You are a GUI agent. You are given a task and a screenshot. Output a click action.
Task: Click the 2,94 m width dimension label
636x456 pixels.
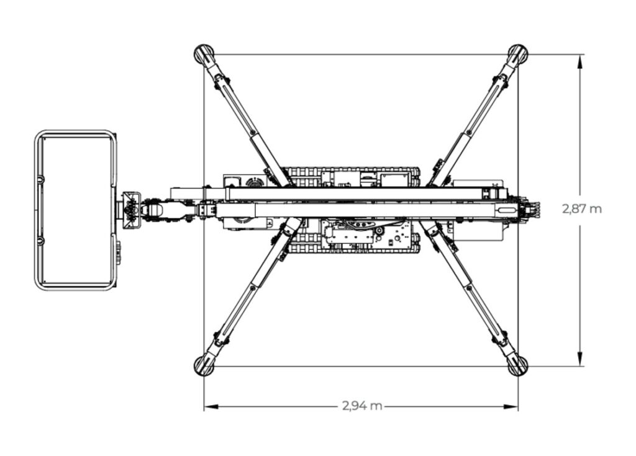pos(361,406)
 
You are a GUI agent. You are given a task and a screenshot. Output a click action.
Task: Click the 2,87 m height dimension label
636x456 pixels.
pos(582,209)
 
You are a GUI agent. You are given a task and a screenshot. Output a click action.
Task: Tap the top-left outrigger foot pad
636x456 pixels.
pos(203,53)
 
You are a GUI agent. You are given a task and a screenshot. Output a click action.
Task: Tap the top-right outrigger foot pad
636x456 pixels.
pos(517,53)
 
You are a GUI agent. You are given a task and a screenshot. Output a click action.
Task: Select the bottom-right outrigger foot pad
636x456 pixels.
pos(517,365)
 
